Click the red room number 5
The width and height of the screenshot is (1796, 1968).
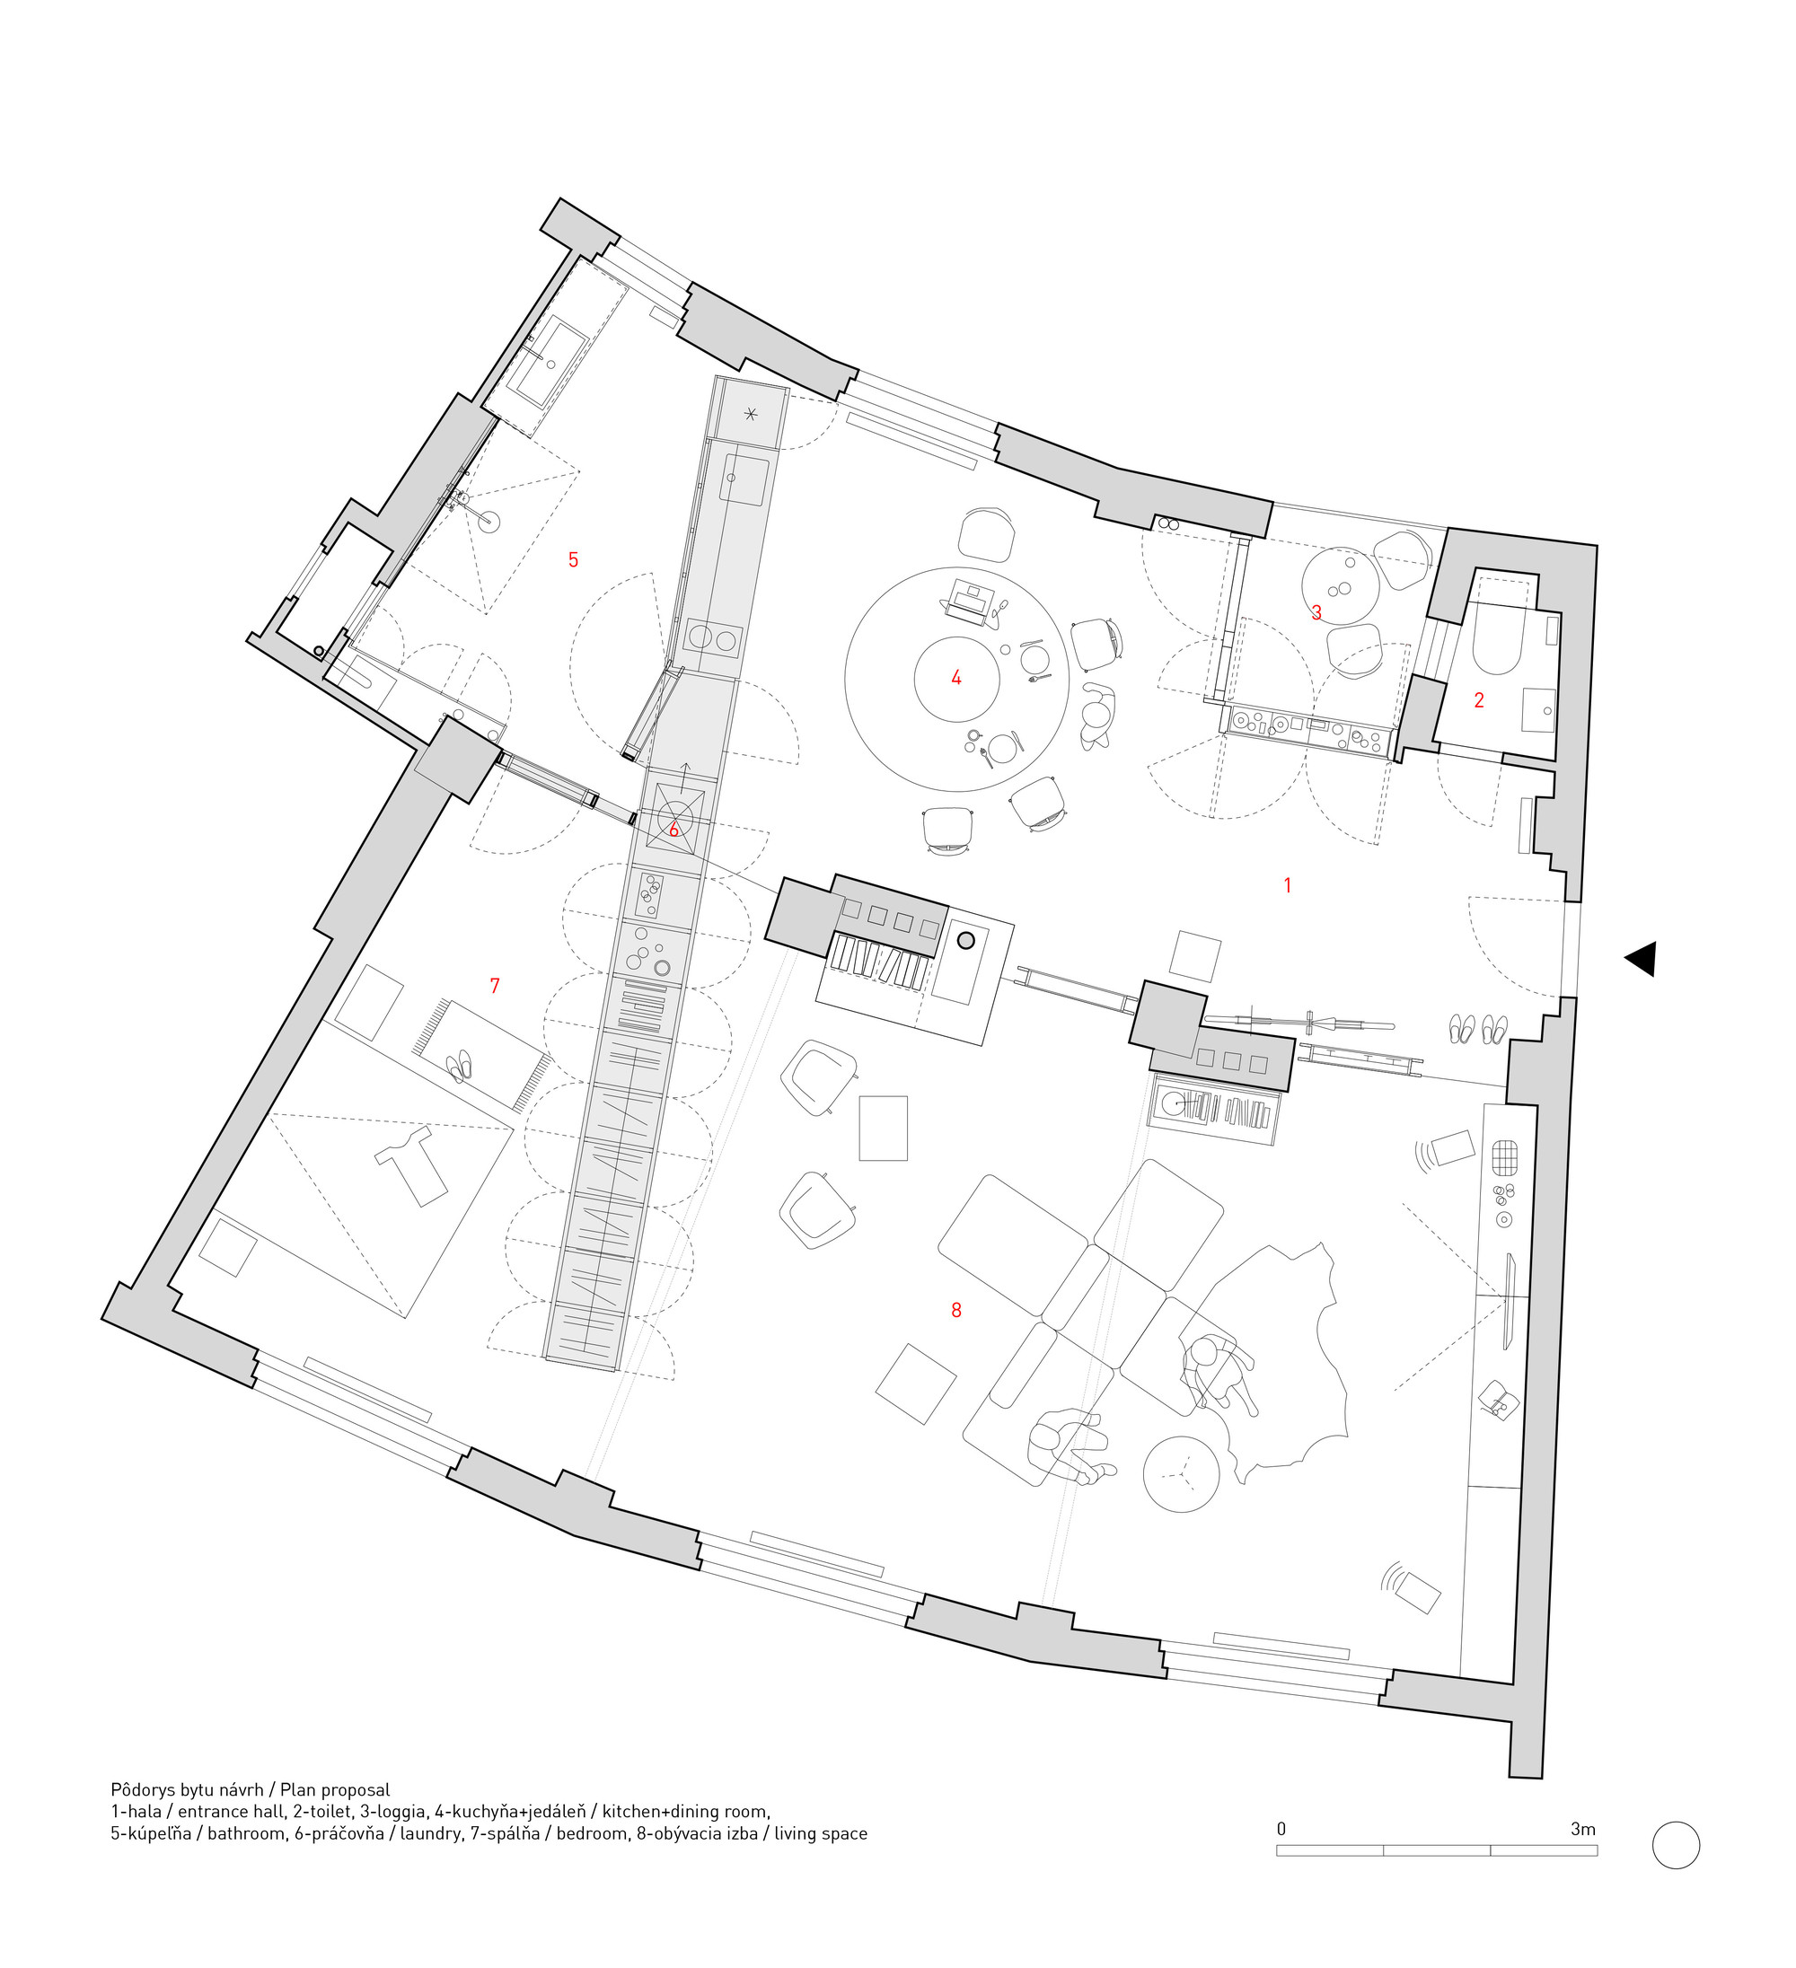573,559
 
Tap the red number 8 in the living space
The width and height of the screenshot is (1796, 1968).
956,1310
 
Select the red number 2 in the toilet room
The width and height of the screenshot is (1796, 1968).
1479,700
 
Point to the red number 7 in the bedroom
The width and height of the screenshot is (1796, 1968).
495,986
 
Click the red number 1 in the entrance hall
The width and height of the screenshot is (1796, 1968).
1287,885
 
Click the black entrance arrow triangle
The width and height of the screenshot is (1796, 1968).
1642,959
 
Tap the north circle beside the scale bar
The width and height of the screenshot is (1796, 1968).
1676,1846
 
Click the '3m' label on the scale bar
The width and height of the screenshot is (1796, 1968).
1583,1829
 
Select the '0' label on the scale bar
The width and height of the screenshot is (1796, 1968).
1281,1829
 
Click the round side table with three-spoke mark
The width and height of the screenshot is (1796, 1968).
1182,1474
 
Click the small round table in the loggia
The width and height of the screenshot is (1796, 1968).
1341,585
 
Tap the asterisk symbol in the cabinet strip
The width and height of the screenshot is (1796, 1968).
751,414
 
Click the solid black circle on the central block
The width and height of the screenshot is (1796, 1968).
966,940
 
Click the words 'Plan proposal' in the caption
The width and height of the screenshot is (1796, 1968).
335,1789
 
